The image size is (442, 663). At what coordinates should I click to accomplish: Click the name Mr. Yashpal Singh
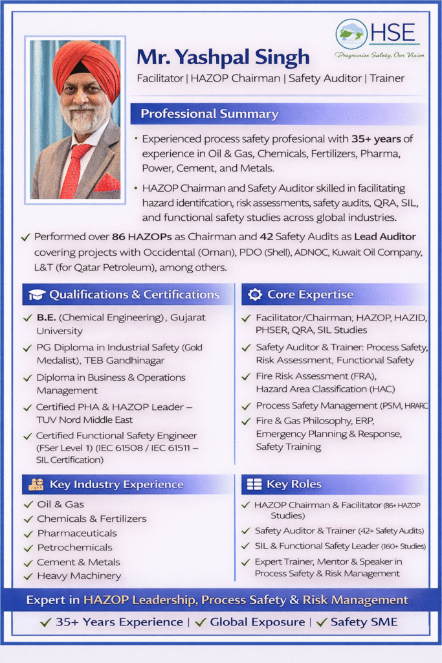223,57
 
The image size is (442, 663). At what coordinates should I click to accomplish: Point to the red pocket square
105,183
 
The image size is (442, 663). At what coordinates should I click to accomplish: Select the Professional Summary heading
209,115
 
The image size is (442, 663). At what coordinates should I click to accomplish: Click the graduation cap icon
36,295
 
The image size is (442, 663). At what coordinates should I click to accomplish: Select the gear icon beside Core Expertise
255,295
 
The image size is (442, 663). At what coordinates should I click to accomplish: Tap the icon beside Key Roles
254,484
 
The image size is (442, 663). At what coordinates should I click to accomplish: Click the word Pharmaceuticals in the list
77,533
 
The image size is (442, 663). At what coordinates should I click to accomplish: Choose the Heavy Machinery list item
79,576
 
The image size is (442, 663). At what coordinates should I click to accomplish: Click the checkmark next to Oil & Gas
28,504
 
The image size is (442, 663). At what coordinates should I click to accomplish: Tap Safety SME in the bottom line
364,622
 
